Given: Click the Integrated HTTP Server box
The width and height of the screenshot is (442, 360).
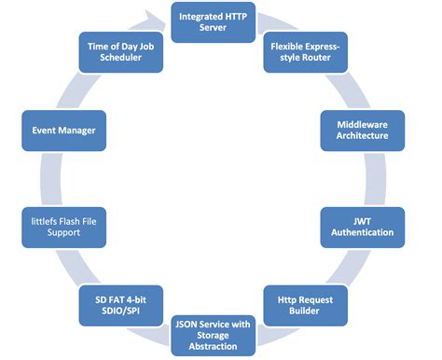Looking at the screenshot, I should pyautogui.click(x=212, y=22).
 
